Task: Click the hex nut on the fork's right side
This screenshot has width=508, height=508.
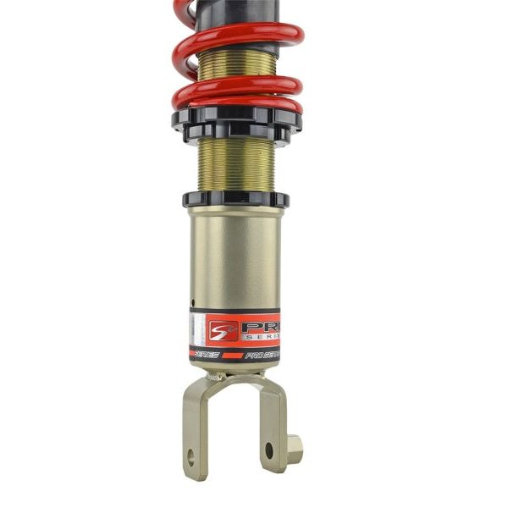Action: (294, 448)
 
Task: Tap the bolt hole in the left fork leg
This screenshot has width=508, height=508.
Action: (190, 457)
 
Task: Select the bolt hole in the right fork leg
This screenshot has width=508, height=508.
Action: (269, 450)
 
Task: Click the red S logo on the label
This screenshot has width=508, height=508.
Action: (223, 329)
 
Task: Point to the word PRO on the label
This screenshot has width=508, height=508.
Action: (260, 327)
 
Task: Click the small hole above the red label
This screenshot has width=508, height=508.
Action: (194, 302)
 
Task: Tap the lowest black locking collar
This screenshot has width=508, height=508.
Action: (235, 200)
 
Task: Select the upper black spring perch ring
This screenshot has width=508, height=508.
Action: (236, 118)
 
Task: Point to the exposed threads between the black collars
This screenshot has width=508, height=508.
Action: (235, 165)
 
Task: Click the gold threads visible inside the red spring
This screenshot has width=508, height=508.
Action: (237, 63)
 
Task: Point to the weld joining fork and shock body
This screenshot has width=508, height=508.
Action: (233, 373)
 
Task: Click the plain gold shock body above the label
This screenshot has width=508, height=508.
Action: (235, 254)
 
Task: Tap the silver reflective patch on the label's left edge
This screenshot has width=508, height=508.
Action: (197, 329)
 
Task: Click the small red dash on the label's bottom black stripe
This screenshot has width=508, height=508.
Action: (232, 355)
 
